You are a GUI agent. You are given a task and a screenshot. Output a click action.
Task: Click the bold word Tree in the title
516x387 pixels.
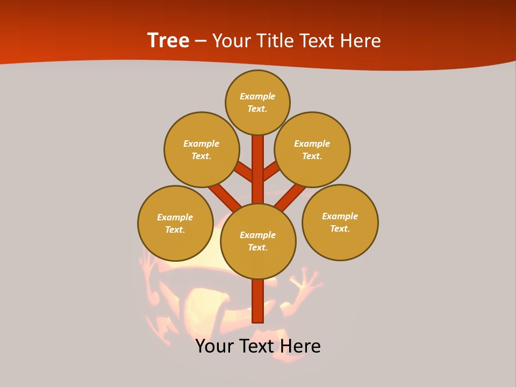coord(168,40)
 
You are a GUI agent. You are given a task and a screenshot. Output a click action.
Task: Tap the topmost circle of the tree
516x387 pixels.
coord(257,102)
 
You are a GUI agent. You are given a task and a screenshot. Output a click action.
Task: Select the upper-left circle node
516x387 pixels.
coord(201,149)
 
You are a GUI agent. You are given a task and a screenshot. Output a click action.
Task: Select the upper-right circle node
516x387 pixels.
coord(312,149)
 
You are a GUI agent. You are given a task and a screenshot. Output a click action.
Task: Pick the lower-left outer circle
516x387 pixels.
coord(175,223)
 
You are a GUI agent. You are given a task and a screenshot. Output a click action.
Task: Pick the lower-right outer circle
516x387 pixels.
coord(340,222)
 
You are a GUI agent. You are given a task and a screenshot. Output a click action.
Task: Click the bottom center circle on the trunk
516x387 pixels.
coord(258,241)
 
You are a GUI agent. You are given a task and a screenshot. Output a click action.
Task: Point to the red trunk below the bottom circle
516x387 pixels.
coord(258,301)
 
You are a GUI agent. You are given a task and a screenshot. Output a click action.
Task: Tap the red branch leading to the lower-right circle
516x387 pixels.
coord(290,196)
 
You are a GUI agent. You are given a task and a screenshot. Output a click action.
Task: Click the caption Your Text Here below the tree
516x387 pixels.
coord(258,346)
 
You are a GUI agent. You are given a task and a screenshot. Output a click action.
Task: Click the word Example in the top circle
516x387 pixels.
coord(257,96)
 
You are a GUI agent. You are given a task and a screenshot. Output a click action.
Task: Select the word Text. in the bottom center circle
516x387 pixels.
coord(258,248)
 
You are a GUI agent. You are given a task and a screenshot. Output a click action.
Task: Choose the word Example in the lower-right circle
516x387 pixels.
coord(340,216)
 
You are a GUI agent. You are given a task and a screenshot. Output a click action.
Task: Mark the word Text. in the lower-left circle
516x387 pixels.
coord(175,230)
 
